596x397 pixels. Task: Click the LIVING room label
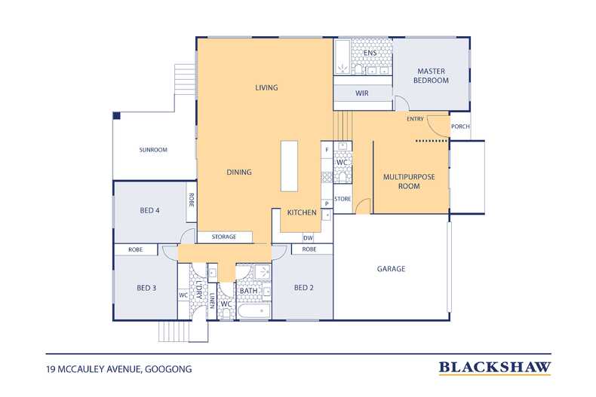[x=266, y=87]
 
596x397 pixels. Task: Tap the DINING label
[x=239, y=173]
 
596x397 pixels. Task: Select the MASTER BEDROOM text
[x=431, y=76]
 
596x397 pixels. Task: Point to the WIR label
[x=362, y=93]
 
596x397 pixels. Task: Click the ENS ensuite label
[x=370, y=53]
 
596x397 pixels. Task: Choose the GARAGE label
[x=391, y=269]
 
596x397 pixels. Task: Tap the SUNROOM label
[x=153, y=150]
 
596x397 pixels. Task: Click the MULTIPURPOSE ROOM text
[x=409, y=182]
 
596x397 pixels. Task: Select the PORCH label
[x=460, y=127]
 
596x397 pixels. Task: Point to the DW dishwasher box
[x=308, y=238]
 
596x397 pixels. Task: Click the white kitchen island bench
[x=289, y=166]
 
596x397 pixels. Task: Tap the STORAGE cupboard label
[x=224, y=237]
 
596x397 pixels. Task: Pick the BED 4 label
[x=149, y=211]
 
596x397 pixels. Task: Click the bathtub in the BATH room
[x=254, y=311]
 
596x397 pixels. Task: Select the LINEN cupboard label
[x=212, y=301]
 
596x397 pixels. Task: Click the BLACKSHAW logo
[x=495, y=368]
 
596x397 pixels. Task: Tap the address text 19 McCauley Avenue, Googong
[x=119, y=369]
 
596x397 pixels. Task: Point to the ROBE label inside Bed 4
[x=191, y=200]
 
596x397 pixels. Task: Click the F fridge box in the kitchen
[x=327, y=150]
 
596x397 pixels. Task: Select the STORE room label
[x=343, y=199]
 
